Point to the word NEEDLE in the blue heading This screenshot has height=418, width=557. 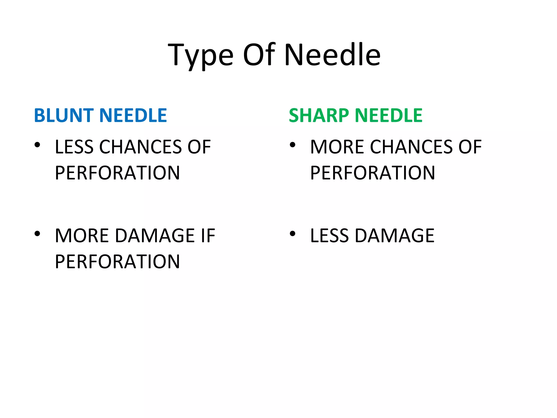click(x=133, y=115)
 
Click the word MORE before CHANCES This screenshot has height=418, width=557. click(x=337, y=147)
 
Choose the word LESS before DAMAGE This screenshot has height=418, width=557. click(x=329, y=236)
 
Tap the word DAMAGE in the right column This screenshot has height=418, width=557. click(x=395, y=236)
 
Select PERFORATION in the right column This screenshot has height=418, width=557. click(x=373, y=173)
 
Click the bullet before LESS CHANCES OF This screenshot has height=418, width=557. click(x=37, y=145)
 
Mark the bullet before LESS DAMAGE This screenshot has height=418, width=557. click(x=292, y=233)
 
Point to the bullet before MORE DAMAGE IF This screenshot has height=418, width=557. click(x=37, y=233)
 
